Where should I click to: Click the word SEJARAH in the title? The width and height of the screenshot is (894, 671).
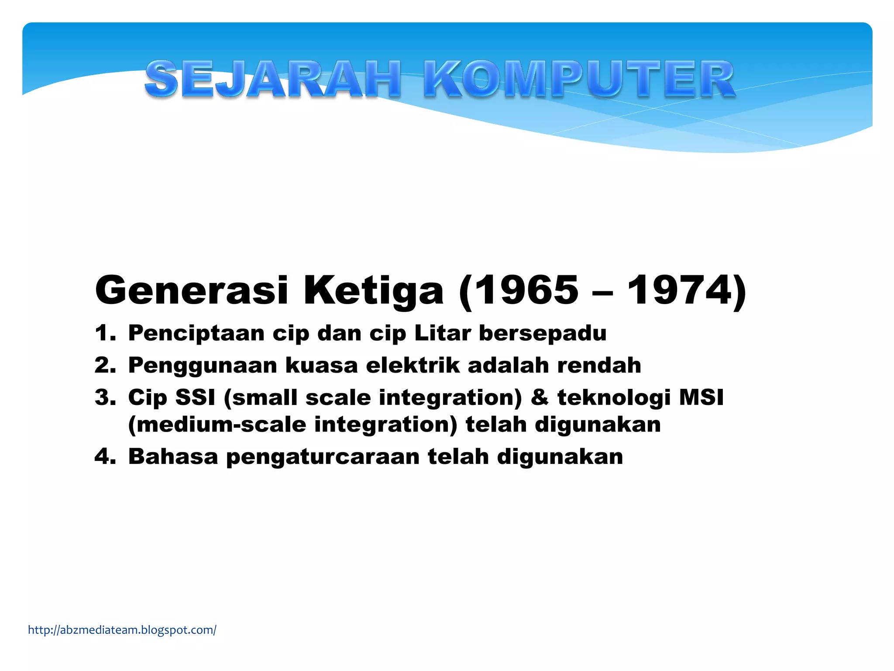tap(273, 79)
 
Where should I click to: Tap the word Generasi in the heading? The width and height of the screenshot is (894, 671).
tap(191, 291)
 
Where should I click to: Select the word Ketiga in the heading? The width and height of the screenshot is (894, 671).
tap(373, 291)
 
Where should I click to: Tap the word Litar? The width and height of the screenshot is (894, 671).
tap(442, 333)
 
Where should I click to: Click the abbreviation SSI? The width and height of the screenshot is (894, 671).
tap(195, 398)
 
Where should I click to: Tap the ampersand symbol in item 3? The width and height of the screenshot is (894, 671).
tap(539, 398)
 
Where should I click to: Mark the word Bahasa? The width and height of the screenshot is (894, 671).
tap(173, 457)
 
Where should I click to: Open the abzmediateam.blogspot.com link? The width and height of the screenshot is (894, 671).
tap(122, 630)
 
